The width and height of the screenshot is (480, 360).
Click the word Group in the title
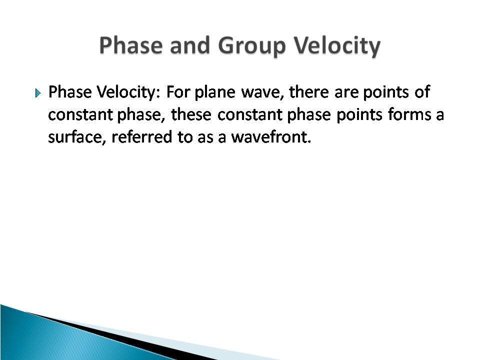[252, 46]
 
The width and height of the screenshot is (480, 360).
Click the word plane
[215, 92]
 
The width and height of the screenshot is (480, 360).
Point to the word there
[309, 92]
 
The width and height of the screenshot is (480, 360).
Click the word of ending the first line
[422, 92]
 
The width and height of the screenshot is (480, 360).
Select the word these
[191, 114]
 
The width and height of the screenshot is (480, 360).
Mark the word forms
[409, 114]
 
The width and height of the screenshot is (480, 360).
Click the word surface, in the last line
[77, 137]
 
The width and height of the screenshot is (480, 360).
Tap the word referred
[141, 136]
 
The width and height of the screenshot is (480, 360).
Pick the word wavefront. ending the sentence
[271, 136]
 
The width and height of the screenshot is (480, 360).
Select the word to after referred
[184, 137]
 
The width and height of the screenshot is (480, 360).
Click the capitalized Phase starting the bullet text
[70, 92]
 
